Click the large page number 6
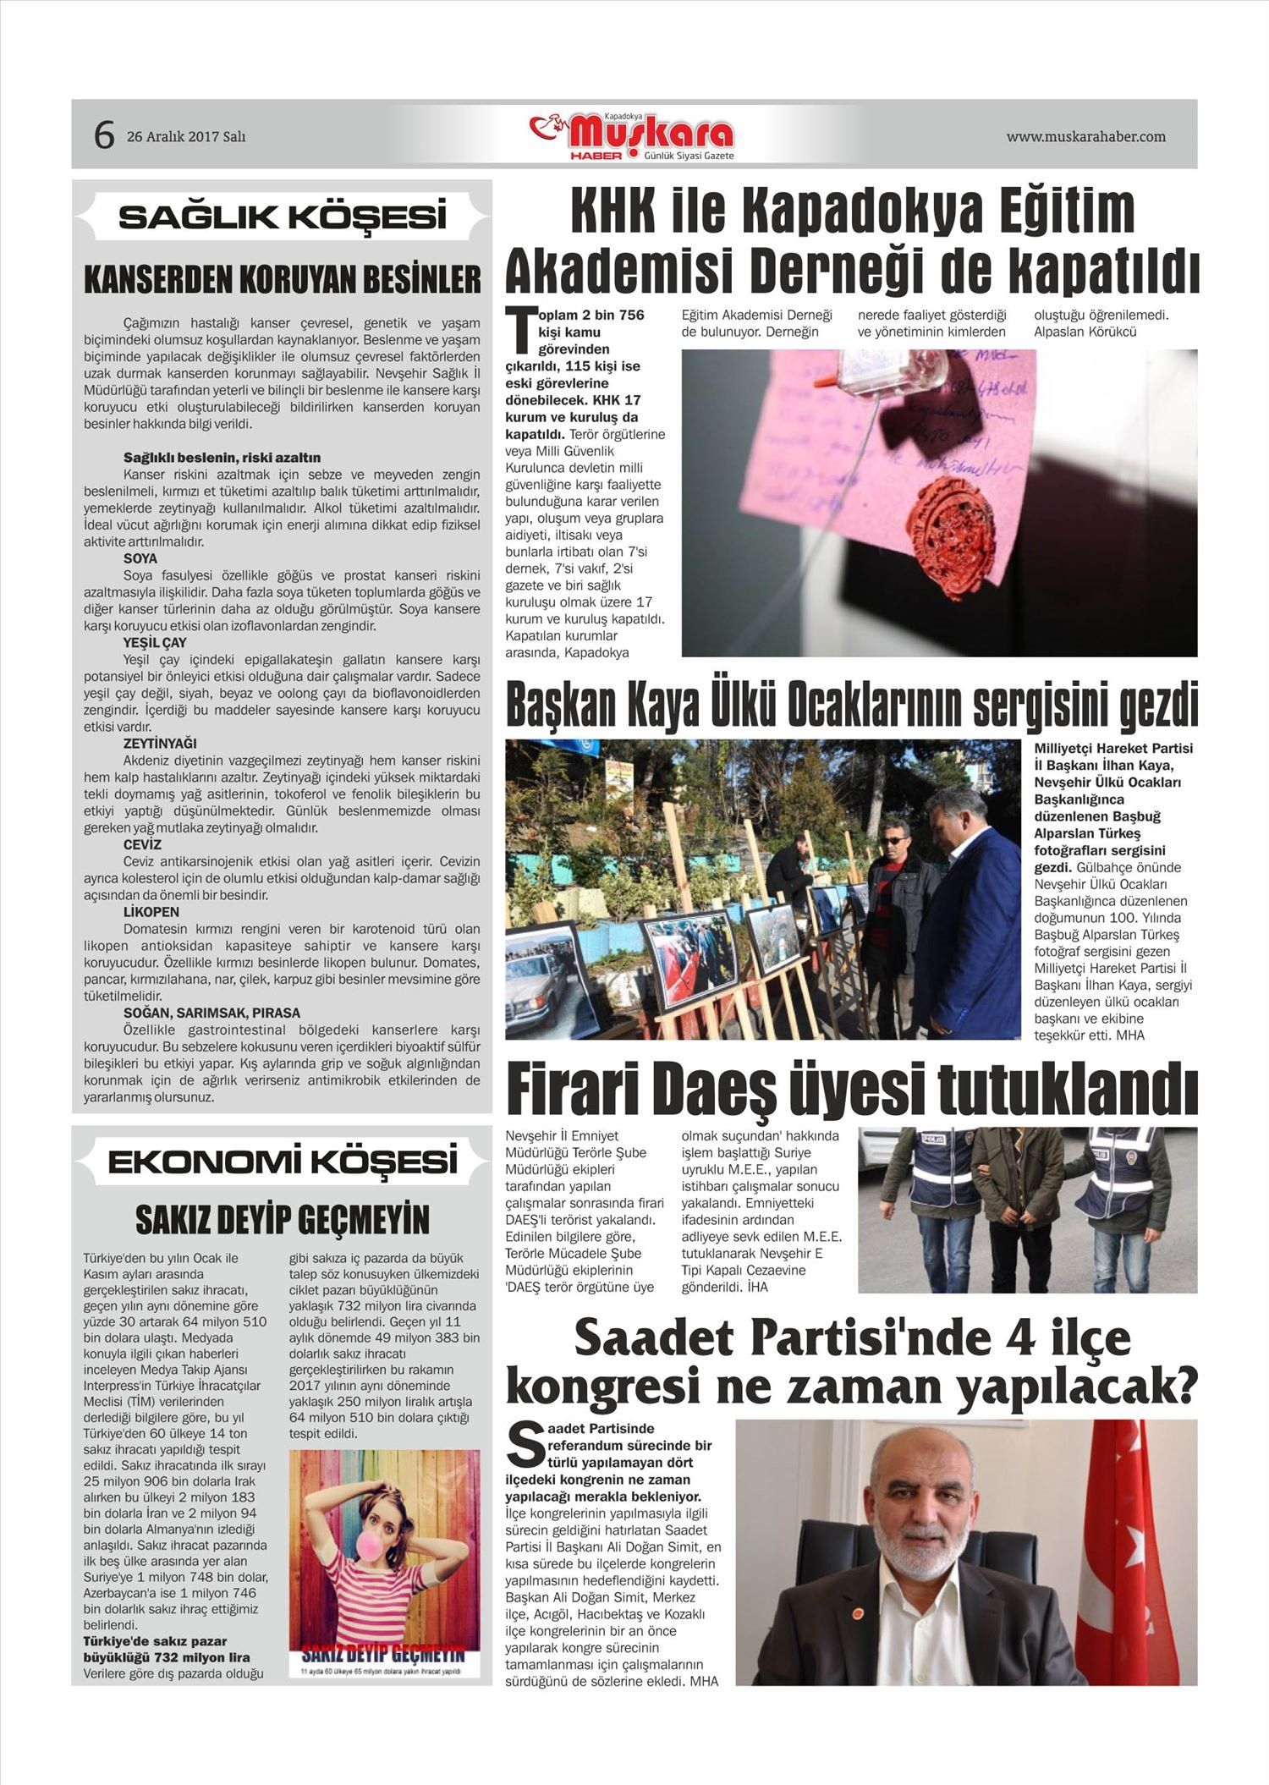(x=104, y=135)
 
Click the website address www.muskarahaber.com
(x=1085, y=136)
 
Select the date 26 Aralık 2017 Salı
(x=186, y=136)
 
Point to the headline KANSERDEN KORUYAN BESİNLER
(x=282, y=279)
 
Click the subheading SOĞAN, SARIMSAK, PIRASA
(x=211, y=1013)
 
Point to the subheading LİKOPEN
(x=151, y=912)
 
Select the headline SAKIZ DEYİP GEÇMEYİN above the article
(x=282, y=1220)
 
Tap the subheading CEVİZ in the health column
(x=142, y=844)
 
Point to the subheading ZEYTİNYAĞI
(x=160, y=744)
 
